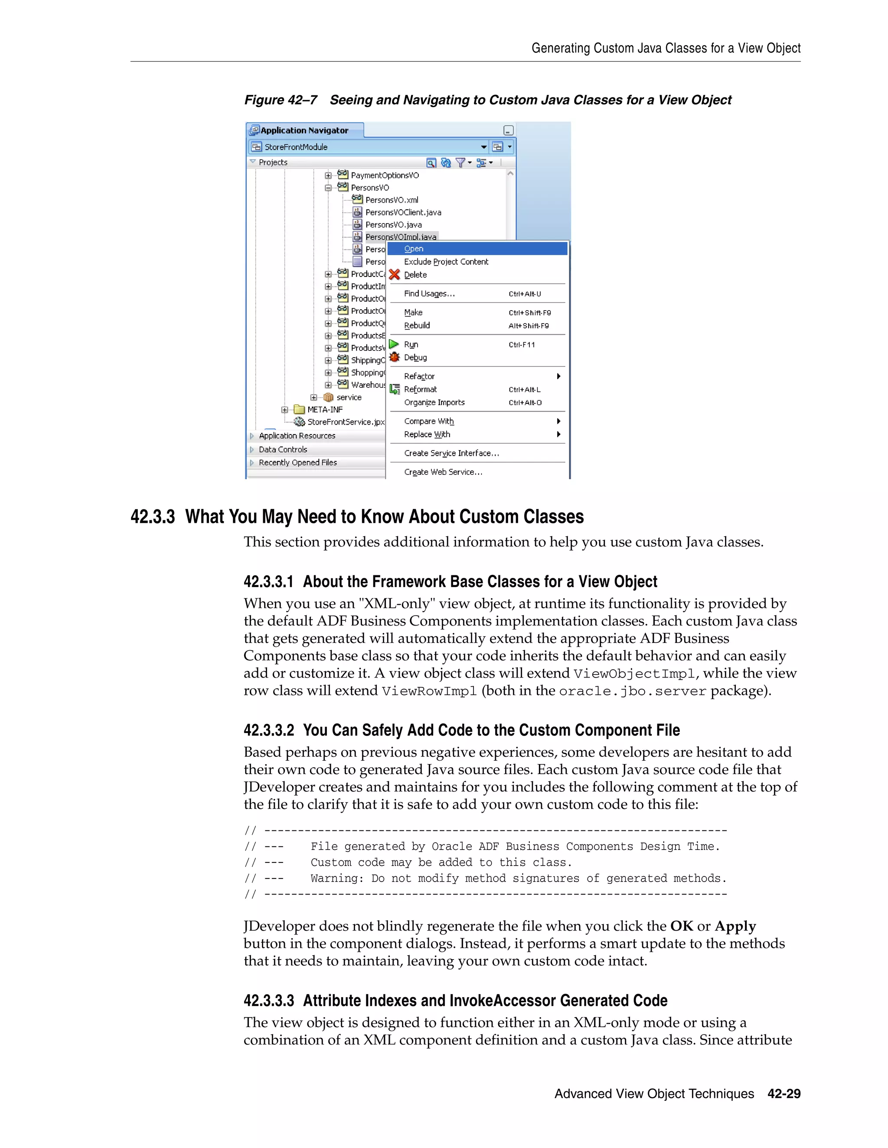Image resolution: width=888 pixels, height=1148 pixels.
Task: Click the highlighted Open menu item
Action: (x=414, y=249)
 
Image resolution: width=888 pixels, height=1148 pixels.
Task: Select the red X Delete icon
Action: (x=395, y=274)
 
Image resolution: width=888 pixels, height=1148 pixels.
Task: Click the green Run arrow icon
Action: (x=394, y=344)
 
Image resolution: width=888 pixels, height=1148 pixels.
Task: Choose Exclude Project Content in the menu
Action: (x=446, y=262)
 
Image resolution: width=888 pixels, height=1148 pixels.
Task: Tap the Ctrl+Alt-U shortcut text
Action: (x=525, y=294)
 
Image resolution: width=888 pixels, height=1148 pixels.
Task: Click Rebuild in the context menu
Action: (x=417, y=325)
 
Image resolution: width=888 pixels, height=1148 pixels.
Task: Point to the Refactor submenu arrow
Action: (x=558, y=376)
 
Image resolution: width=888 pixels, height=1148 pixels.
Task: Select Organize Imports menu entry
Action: (x=434, y=402)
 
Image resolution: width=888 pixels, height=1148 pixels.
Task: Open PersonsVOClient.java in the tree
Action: (x=403, y=212)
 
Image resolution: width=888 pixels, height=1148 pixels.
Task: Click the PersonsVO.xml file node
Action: (x=392, y=200)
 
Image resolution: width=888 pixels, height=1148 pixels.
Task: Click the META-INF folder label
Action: (x=325, y=409)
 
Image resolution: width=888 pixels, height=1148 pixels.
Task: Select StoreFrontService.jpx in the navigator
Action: (x=346, y=422)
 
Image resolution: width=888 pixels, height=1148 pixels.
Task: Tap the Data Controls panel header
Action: (x=283, y=449)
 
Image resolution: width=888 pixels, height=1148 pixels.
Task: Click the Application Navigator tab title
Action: (x=304, y=130)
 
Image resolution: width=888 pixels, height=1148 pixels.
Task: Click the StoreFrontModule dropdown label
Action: (x=296, y=147)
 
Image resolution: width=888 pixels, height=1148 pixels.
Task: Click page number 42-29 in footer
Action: (x=784, y=1094)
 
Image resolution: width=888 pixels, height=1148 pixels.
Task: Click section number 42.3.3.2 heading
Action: (x=268, y=731)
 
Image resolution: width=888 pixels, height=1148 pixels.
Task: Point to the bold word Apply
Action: (x=735, y=926)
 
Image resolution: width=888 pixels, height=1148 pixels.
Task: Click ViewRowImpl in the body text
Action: (x=429, y=691)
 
